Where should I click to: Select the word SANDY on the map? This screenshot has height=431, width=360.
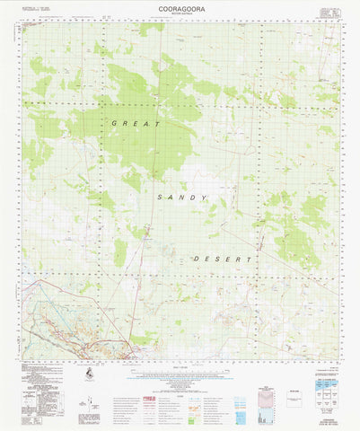180,197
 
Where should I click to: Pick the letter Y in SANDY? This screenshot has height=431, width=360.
205,197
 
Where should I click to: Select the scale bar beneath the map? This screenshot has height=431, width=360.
180,365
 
